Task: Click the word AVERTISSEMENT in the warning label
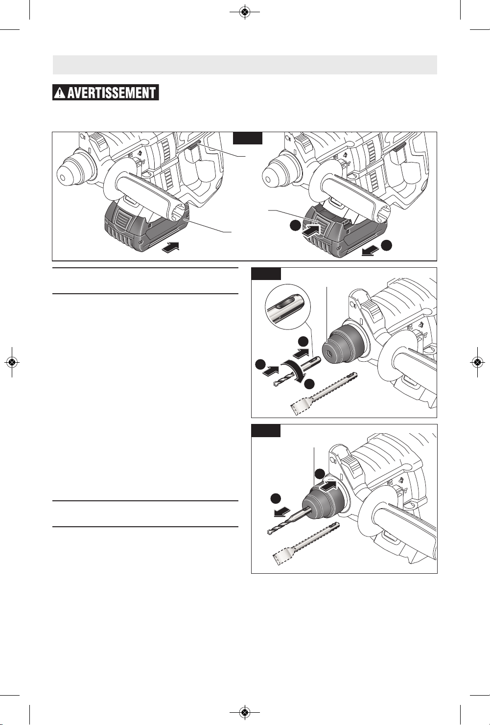(112, 93)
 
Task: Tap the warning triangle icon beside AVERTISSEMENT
(60, 93)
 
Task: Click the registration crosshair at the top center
(245, 12)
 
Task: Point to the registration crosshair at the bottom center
(245, 712)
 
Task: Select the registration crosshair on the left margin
(12, 362)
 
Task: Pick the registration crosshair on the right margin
(477, 362)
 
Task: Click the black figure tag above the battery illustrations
(248, 138)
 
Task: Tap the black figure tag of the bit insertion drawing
(266, 274)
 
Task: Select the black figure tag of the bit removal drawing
(266, 430)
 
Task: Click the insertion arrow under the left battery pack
(170, 248)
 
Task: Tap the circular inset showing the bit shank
(288, 306)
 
